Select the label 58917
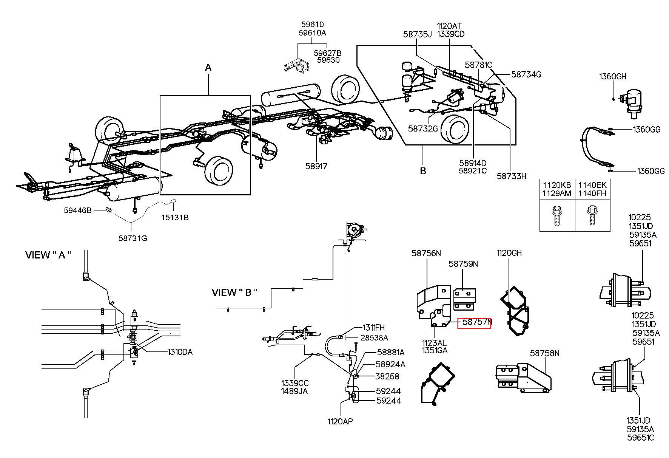point(316,166)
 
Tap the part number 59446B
point(77,210)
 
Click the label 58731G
point(133,238)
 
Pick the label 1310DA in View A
point(180,352)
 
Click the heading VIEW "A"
point(48,255)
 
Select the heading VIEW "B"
point(234,292)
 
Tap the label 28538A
point(374,337)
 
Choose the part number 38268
point(387,376)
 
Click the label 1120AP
point(340,421)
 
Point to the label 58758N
point(545,353)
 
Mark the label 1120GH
point(509,253)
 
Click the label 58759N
point(463,264)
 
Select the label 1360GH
point(612,77)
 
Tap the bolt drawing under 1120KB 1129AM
point(556,215)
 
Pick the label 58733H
point(511,176)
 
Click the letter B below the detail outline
point(423,171)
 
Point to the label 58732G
point(423,128)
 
